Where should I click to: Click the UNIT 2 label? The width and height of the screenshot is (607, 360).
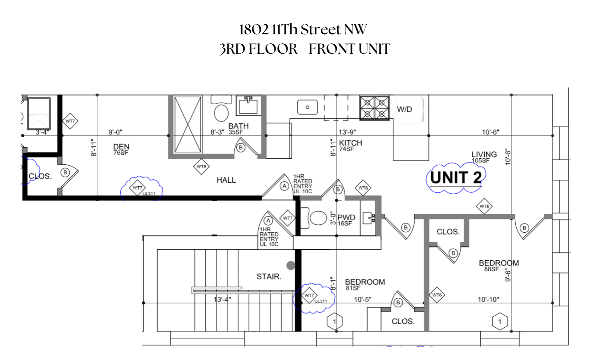click(456, 178)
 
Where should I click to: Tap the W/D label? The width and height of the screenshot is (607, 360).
click(404, 109)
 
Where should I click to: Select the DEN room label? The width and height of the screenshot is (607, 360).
click(121, 147)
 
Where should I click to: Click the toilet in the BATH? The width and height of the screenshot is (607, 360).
click(221, 113)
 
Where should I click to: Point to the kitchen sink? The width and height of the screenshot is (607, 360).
click(307, 107)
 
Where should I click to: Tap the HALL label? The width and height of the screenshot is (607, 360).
click(226, 180)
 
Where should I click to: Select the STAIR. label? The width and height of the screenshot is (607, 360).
click(269, 277)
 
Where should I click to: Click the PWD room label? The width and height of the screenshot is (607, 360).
click(346, 218)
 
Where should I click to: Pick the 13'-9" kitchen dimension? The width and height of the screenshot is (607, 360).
click(347, 132)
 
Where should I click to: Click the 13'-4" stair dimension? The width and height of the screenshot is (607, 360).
click(222, 299)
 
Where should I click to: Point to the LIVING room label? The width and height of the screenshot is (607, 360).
click(484, 155)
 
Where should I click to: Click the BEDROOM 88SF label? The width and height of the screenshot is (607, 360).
click(499, 263)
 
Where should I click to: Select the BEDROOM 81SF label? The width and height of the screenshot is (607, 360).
click(365, 282)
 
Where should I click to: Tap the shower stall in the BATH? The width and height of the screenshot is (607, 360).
click(188, 124)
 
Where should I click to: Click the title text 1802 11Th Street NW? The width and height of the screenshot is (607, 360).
click(303, 30)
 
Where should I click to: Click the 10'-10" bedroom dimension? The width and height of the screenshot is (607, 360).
click(488, 299)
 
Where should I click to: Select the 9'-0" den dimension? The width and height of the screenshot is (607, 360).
click(115, 132)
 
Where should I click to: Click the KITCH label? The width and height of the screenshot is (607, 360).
click(351, 143)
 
